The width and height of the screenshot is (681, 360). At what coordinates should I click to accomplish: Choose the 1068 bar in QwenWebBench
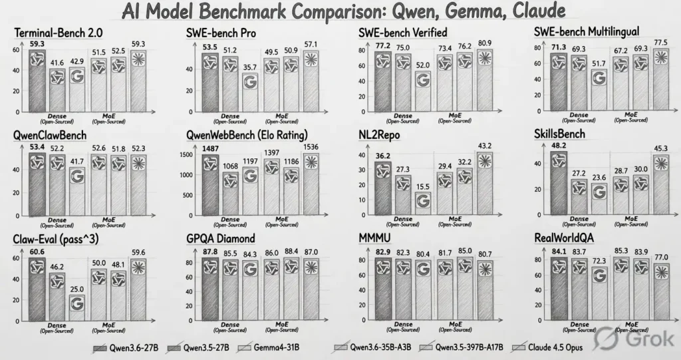point(231,190)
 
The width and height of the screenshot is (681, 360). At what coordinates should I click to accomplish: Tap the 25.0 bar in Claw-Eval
point(77,303)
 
